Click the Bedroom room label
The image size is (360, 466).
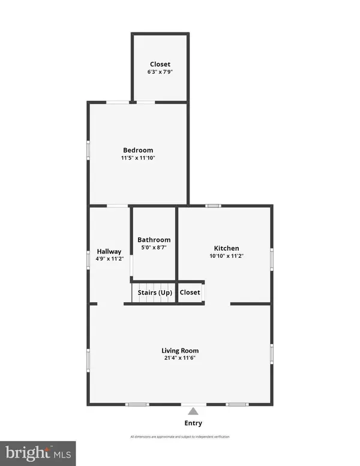click(138, 150)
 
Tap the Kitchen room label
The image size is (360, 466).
click(227, 248)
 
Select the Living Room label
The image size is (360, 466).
click(180, 350)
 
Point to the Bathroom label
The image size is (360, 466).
click(154, 239)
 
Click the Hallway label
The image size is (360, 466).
click(109, 251)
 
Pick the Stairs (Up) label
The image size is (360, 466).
click(155, 293)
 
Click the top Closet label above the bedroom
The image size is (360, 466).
click(160, 64)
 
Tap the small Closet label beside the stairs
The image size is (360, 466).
click(190, 293)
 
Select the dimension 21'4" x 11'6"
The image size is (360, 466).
click(180, 358)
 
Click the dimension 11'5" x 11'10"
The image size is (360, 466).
click(138, 158)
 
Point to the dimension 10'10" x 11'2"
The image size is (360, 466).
click(227, 255)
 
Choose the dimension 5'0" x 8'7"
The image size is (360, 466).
click(154, 247)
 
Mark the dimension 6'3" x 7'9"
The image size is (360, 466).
click(160, 72)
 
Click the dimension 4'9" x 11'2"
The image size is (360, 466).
click(109, 259)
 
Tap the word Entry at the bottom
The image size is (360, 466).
click(193, 423)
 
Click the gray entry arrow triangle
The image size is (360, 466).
click(193, 411)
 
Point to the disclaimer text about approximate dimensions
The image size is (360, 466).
click(180, 437)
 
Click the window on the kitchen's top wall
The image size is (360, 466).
click(213, 206)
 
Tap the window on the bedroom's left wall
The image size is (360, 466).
click(88, 150)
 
